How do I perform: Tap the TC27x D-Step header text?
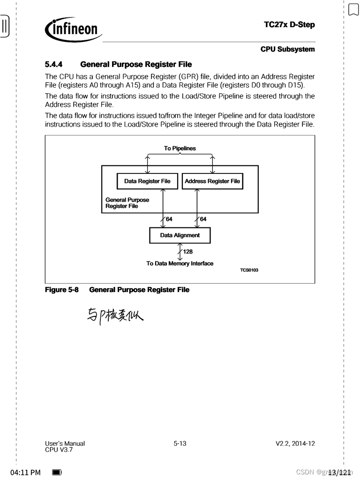289,25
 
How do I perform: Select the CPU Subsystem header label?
287,49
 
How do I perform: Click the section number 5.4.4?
54,64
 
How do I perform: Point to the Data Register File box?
147,181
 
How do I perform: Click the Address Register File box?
212,181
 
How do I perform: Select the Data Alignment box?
180,235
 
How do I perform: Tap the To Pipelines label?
180,149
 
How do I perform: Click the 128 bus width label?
187,252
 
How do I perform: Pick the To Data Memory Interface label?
180,263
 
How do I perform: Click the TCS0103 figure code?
249,270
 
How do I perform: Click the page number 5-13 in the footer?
180,443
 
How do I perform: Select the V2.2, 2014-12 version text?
295,443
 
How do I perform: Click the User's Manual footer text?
65,443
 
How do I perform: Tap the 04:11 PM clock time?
25,472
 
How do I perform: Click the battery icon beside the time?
57,472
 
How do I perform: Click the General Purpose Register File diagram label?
127,203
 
